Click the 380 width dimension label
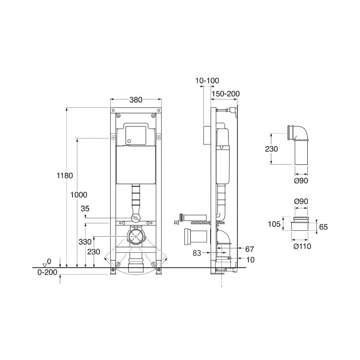click(136, 100)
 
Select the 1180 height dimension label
click(65, 175)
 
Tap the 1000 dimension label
click(79, 195)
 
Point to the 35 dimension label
click(85, 208)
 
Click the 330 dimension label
click(85, 242)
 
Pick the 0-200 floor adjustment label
click(47, 272)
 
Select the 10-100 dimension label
click(207, 81)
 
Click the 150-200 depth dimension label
click(226, 94)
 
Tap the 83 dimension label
click(197, 253)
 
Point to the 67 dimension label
click(250, 249)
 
